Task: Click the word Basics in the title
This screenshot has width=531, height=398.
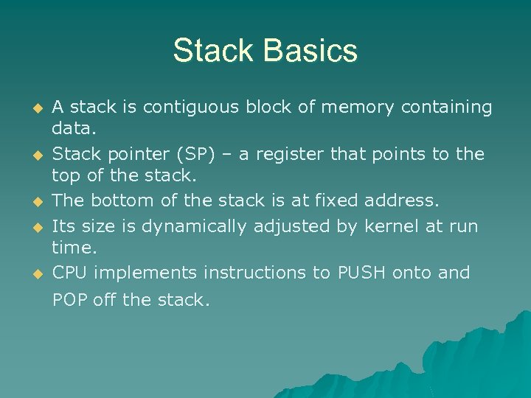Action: tap(310, 52)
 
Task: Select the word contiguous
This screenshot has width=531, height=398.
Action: tap(190, 108)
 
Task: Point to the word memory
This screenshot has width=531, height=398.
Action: tap(358, 108)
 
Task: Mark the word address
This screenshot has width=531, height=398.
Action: tap(403, 200)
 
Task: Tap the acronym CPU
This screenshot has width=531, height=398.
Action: tap(70, 273)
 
